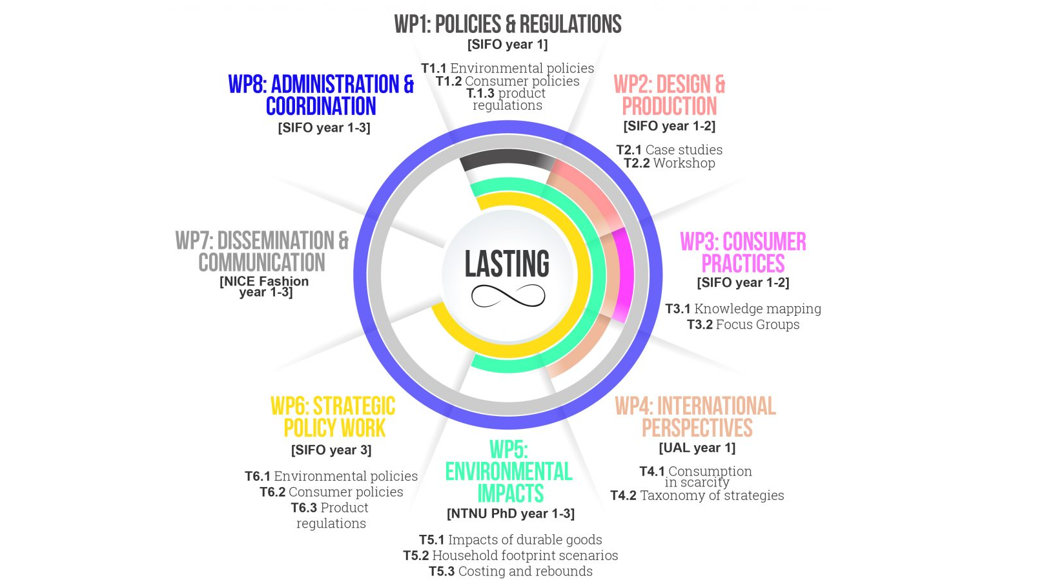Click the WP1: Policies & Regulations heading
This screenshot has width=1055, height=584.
pos(507,25)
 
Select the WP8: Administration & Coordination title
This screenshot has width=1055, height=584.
pos(321,95)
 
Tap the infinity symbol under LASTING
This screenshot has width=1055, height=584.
pos(508,296)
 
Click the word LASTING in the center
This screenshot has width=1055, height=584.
pos(507,264)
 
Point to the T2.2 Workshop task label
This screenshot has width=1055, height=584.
pos(669,163)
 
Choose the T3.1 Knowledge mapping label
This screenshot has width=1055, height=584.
pos(743,309)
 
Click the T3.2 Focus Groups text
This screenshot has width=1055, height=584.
pos(743,324)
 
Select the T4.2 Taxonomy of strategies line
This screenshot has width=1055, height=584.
pos(697,495)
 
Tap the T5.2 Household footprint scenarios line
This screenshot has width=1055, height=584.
pos(511,556)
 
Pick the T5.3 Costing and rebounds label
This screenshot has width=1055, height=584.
pos(511,571)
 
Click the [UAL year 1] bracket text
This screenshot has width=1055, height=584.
pos(697,448)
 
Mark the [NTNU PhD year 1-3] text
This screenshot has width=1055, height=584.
pos(511,514)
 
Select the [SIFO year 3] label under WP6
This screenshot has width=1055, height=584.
pos(331,450)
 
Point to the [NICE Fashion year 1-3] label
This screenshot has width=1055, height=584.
pos(265,286)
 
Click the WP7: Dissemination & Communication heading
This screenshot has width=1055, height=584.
pos(262,251)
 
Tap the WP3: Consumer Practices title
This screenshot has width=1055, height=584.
pos(743,253)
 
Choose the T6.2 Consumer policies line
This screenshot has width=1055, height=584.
pos(331,492)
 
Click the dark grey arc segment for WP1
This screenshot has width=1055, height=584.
pos(507,159)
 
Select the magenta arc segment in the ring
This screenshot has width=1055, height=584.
pos(622,275)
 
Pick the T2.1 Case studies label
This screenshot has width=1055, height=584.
pos(669,150)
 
